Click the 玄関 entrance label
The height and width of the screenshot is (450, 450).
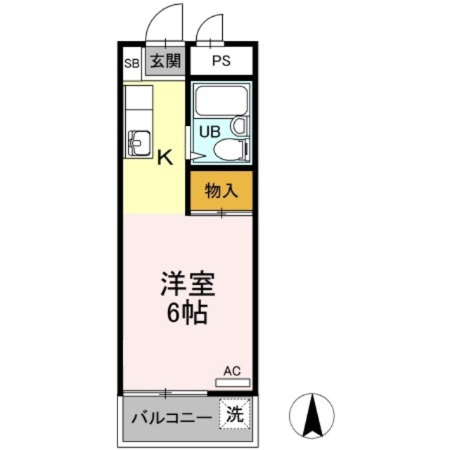coord(166,62)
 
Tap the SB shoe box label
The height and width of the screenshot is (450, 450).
coord(131,63)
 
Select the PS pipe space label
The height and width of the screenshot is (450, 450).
coord(221,62)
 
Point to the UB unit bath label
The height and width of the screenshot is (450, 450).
coord(209,131)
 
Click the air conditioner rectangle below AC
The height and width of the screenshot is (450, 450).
coord(232,382)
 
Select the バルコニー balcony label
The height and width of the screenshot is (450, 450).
coord(171,416)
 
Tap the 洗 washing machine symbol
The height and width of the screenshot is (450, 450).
coord(234,415)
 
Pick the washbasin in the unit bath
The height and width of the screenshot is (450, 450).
coord(239,127)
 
